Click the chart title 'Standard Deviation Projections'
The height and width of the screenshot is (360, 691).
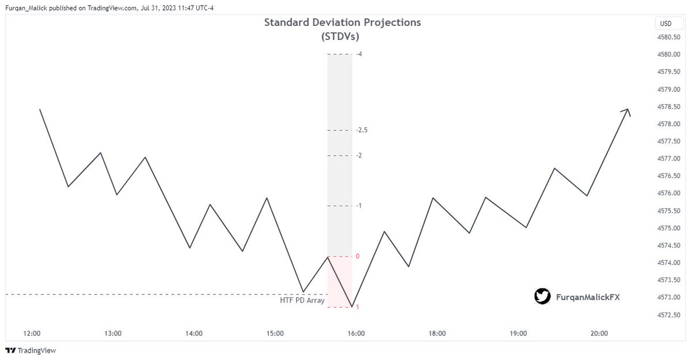(x=342, y=22)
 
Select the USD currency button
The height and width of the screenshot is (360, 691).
(x=666, y=24)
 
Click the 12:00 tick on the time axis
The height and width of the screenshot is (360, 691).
(x=32, y=334)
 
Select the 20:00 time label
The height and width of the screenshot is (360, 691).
(x=599, y=334)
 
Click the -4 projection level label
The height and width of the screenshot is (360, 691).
(x=359, y=54)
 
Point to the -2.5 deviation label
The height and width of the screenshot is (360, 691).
(x=362, y=130)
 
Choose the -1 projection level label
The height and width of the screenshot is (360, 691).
(x=359, y=206)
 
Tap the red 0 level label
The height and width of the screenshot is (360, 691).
(x=358, y=256)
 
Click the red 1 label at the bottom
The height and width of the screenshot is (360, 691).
(x=358, y=308)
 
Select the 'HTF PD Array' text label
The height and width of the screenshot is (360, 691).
(x=302, y=300)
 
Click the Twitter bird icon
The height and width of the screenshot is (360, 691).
(x=542, y=297)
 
